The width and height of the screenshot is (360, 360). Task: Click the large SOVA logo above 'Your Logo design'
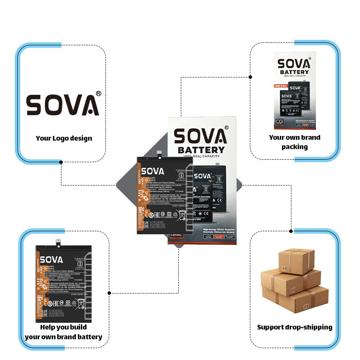pyautogui.click(x=63, y=105)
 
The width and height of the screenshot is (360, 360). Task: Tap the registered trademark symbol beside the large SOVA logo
pyautogui.click(x=98, y=93)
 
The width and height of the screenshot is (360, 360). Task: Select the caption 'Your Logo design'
pyautogui.click(x=64, y=138)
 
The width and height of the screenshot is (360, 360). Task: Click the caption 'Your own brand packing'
pyautogui.click(x=294, y=142)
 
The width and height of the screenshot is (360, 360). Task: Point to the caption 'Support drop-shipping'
pyautogui.click(x=294, y=327)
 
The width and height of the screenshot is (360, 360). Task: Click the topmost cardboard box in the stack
pyautogui.click(x=296, y=261)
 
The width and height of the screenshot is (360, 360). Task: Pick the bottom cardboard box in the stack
pyautogui.click(x=296, y=299)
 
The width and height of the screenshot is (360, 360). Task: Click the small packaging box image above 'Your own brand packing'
pyautogui.click(x=294, y=91)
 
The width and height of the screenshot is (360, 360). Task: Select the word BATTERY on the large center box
pyautogui.click(x=201, y=150)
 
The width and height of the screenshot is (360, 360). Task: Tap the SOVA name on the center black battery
pyautogui.click(x=152, y=171)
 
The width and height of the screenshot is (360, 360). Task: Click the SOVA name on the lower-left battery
pyautogui.click(x=51, y=259)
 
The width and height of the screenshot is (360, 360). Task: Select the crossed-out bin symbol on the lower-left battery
pyautogui.click(x=81, y=302)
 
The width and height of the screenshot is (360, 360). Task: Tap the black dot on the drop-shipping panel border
pyautogui.click(x=291, y=231)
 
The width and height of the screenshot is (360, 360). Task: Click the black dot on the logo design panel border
pyautogui.click(x=61, y=162)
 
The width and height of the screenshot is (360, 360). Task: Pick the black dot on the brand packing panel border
pyautogui.click(x=250, y=77)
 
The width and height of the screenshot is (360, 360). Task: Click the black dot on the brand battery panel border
pyautogui.click(x=109, y=293)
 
